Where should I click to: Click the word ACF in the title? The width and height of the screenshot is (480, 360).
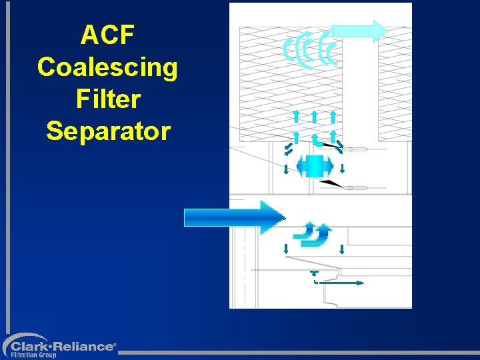tap(107, 35)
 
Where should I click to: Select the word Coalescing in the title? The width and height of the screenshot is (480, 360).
tap(107, 67)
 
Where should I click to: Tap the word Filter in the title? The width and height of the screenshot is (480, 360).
tap(107, 99)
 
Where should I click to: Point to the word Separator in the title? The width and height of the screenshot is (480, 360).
tap(107, 131)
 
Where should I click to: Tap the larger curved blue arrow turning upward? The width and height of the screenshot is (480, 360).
tap(323, 235)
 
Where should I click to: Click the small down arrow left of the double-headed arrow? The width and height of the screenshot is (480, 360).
tap(286, 168)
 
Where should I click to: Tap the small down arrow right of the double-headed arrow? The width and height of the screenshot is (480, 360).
tap(342, 167)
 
